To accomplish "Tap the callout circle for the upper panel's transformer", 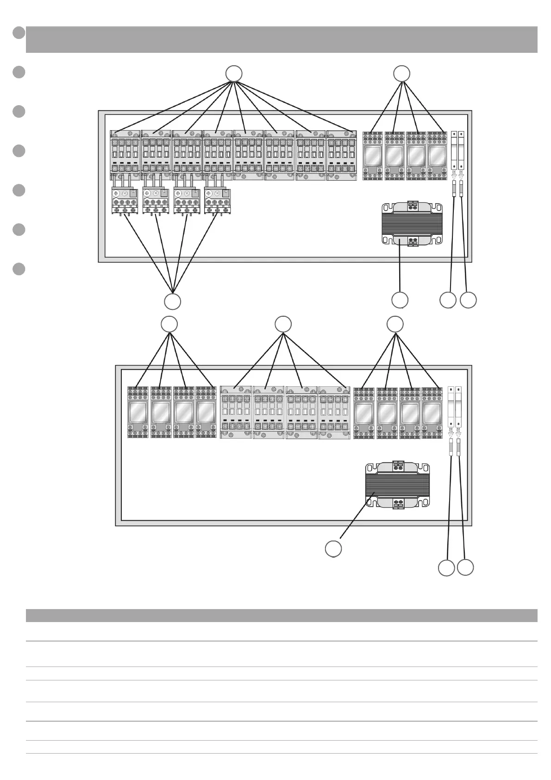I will click(x=400, y=300).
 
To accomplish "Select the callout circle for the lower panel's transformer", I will click(x=333, y=549).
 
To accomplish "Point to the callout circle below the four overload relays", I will click(x=173, y=302).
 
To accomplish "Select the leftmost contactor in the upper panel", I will click(x=125, y=155).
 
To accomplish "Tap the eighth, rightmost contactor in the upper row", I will click(x=341, y=155).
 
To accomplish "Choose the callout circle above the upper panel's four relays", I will click(x=401, y=74).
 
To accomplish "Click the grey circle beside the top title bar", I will click(x=19, y=32).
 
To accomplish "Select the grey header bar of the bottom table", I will click(x=282, y=615).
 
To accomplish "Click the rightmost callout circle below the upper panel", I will click(x=468, y=300).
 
